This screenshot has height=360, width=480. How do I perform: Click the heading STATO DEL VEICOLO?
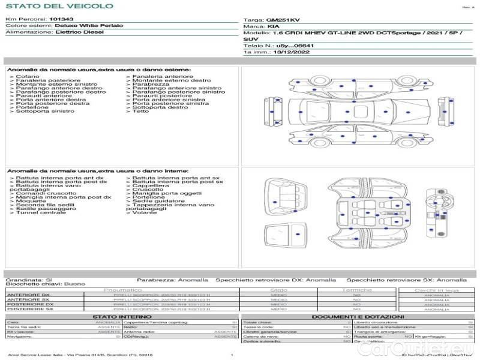(x=59, y=6)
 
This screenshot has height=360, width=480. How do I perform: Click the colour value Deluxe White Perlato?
(x=89, y=26)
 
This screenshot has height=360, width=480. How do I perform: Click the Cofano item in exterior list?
(x=28, y=77)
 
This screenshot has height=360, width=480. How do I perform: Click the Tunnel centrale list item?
(x=40, y=212)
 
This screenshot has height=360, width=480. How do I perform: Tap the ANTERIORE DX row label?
(x=28, y=295)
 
